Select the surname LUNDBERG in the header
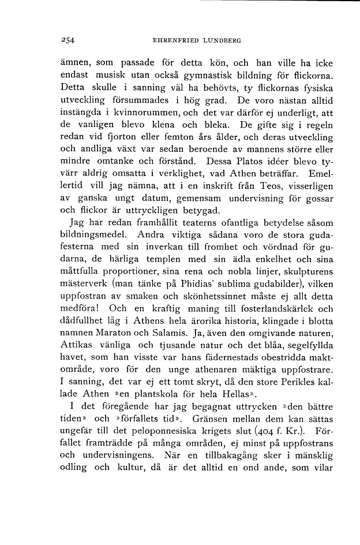point(222,40)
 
